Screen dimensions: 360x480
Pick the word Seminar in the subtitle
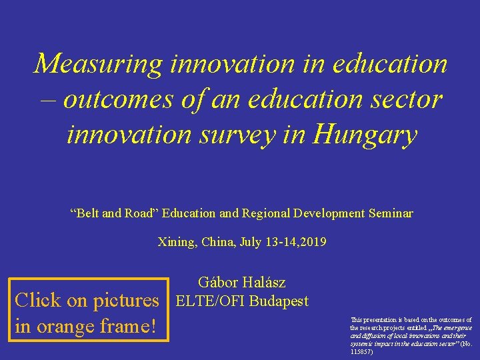pos(390,214)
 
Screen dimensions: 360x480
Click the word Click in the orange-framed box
pos(39,300)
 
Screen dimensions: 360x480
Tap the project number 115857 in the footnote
pos(363,351)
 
